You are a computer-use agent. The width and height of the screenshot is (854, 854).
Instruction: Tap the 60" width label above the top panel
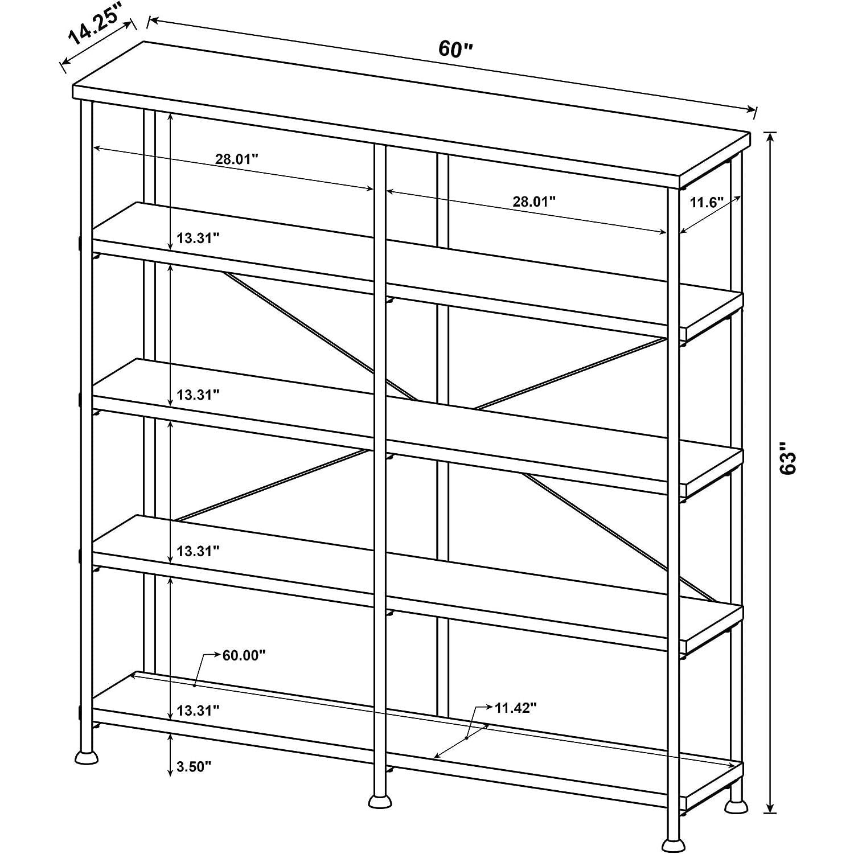tap(455, 50)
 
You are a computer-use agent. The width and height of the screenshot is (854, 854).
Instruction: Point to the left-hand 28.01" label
tap(237, 159)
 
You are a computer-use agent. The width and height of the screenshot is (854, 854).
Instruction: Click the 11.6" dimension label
tap(706, 202)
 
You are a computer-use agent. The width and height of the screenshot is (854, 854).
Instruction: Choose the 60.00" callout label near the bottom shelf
tap(244, 655)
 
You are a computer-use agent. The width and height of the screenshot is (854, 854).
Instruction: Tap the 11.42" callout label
tap(516, 708)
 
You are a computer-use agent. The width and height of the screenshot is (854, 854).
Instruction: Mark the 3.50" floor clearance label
tap(194, 767)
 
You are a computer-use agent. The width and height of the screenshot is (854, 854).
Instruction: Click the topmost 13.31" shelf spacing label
tap(198, 238)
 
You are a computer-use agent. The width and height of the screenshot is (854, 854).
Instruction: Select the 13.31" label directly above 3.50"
tap(198, 711)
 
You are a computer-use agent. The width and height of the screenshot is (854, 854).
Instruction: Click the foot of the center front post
tap(380, 801)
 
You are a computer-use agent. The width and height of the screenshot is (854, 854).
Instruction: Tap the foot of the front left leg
tap(87, 757)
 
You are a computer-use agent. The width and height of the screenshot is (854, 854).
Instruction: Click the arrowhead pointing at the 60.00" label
tap(217, 655)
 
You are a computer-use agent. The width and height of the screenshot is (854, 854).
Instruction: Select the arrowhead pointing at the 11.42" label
tap(489, 708)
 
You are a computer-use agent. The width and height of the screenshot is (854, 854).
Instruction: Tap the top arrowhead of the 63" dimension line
tap(770, 139)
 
